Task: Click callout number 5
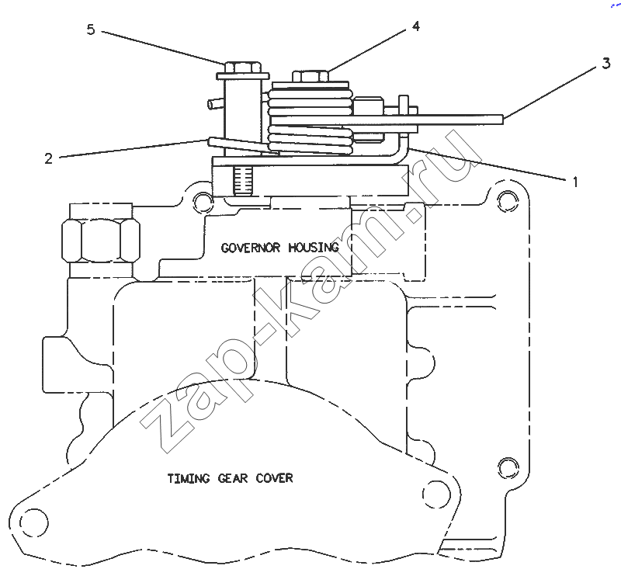(x=91, y=29)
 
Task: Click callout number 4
(x=415, y=26)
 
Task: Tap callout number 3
(x=606, y=63)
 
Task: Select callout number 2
(x=48, y=158)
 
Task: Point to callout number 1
(x=575, y=182)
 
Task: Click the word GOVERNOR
(x=250, y=248)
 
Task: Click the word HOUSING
(x=314, y=248)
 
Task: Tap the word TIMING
(x=189, y=478)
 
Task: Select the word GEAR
(x=233, y=478)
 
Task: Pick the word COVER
(x=275, y=478)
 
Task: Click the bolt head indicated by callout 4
(x=310, y=76)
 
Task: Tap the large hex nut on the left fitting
(x=101, y=241)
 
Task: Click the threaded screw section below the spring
(x=243, y=181)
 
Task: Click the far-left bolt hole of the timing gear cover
(x=33, y=522)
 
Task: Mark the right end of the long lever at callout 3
(x=502, y=119)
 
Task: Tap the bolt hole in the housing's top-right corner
(x=508, y=201)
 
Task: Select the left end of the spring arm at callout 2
(x=209, y=141)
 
